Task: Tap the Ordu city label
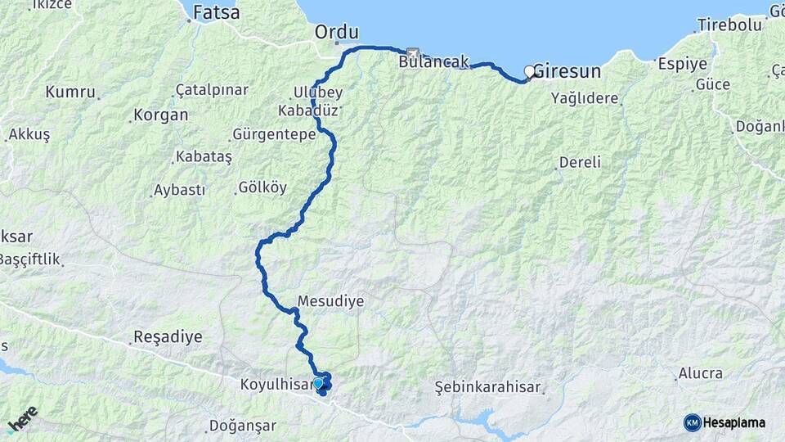tap(337, 32)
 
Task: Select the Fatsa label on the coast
tap(216, 13)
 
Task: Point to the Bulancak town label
tap(433, 61)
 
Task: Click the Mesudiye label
tap(330, 301)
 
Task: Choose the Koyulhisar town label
tap(276, 384)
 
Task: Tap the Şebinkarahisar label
tap(489, 385)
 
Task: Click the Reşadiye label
tap(167, 336)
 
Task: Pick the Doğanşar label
tap(243, 426)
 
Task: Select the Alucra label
tap(700, 373)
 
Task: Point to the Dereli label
tap(580, 162)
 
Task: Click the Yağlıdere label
tap(585, 98)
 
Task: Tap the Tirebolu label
tap(729, 25)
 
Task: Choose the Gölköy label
tap(262, 187)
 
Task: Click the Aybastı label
tap(179, 190)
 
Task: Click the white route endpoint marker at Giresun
tap(529, 71)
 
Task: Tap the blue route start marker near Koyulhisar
tap(318, 382)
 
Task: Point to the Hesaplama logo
tap(725, 422)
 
